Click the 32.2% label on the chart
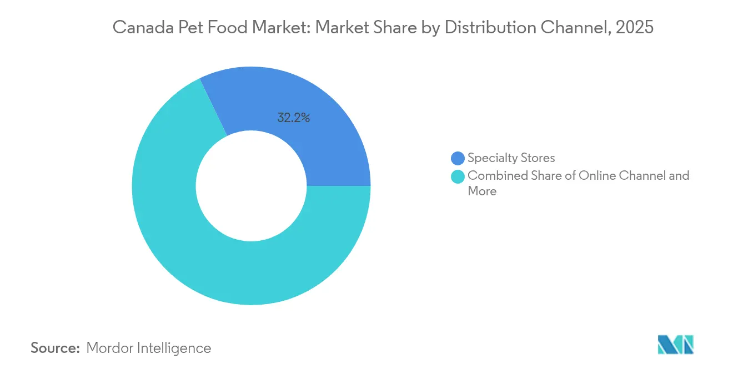(x=294, y=118)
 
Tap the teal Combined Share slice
(x=183, y=239)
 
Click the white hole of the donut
(x=251, y=186)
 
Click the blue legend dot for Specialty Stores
(x=458, y=158)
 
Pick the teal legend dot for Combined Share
(x=458, y=176)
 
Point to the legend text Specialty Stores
(x=511, y=158)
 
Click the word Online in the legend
(x=599, y=175)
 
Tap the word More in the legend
(x=481, y=191)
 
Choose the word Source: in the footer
(x=56, y=348)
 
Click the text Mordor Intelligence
(x=149, y=348)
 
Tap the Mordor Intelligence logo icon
(x=675, y=345)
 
